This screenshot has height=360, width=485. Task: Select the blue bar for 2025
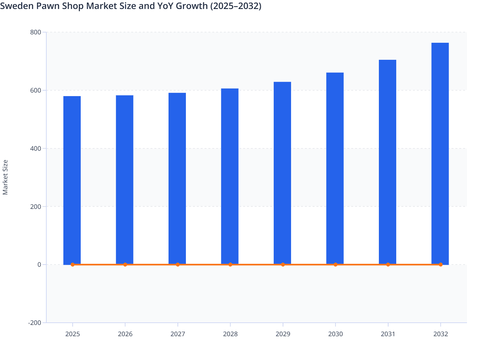click(x=72, y=180)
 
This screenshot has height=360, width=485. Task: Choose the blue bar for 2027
click(x=177, y=178)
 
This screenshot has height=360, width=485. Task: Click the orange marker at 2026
click(x=125, y=265)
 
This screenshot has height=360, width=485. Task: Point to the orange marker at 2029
click(x=283, y=265)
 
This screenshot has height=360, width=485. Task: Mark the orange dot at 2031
click(x=388, y=265)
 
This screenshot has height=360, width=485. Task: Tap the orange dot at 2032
click(x=440, y=265)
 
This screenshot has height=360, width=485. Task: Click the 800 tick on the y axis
click(x=35, y=32)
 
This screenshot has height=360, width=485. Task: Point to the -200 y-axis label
click(x=35, y=323)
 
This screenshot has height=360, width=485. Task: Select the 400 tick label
click(x=35, y=148)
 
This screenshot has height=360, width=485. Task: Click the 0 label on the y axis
click(x=39, y=265)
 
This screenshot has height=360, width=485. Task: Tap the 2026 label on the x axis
click(x=125, y=334)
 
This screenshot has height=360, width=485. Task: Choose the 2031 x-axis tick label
click(x=388, y=334)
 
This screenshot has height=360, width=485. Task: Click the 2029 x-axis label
click(x=283, y=334)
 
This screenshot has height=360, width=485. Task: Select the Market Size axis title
click(x=5, y=177)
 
